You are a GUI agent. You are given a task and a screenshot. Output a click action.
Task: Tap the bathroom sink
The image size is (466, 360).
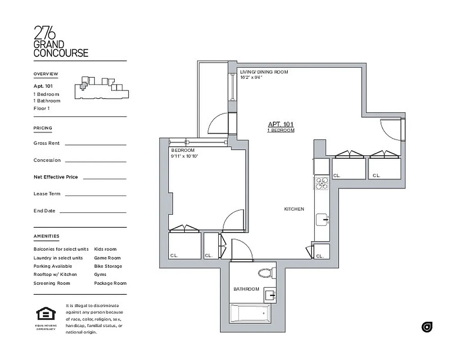click(x=270, y=295)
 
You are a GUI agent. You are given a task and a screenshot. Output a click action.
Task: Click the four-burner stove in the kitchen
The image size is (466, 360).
click(x=322, y=183)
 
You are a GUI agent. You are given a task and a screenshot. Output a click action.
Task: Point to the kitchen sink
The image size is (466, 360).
click(x=322, y=220)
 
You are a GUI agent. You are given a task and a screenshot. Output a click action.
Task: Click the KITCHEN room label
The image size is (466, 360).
click(x=294, y=209)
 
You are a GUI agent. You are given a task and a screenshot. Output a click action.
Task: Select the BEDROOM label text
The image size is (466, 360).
click(x=183, y=150)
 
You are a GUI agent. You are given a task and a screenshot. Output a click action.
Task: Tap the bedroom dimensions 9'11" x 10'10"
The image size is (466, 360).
click(x=185, y=156)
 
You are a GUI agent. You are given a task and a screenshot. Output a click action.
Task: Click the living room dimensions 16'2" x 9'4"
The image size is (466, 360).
click(x=251, y=77)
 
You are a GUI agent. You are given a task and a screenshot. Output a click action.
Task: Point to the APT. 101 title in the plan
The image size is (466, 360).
click(x=281, y=124)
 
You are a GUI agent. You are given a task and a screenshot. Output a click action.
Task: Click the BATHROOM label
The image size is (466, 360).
click(x=246, y=289)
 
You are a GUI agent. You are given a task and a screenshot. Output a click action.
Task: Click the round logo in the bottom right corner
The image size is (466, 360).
click(x=427, y=327)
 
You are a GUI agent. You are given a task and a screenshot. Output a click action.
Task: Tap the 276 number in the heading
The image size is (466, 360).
click(x=45, y=33)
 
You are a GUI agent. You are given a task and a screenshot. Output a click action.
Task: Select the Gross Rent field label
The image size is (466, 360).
click(x=46, y=143)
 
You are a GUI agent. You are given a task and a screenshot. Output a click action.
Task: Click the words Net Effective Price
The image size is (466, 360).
click(x=55, y=177)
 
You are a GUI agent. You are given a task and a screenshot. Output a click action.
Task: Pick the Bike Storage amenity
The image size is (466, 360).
click(x=108, y=266)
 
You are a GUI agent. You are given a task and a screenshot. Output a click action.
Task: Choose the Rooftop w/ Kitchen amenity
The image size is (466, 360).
click(x=55, y=274)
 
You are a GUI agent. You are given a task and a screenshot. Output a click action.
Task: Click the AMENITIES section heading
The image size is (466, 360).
click(x=46, y=236)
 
